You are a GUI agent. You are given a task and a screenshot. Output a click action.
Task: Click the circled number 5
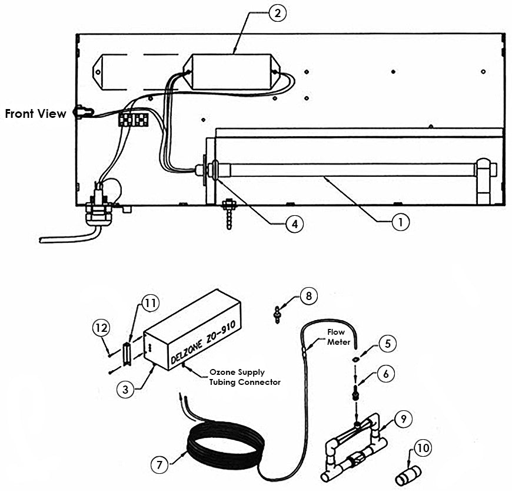click(x=387, y=342)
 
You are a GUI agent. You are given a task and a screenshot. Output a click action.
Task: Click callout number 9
click(x=403, y=420)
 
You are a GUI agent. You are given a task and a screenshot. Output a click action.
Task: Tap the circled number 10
click(x=422, y=449)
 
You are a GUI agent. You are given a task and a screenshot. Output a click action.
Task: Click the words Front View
click(x=35, y=114)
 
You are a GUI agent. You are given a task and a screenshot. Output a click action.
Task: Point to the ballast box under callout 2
click(x=234, y=73)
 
